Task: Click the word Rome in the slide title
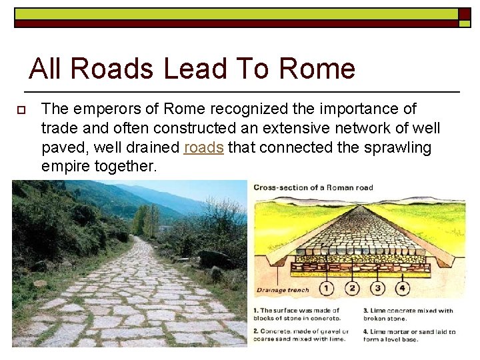[317, 69]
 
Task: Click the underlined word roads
[203, 147]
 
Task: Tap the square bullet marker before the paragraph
[21, 109]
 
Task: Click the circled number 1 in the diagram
[326, 289]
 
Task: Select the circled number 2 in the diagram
[352, 289]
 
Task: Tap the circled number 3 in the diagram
[377, 289]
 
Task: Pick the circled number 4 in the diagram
[402, 289]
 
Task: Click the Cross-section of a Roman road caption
[313, 187]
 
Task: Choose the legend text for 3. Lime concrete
[408, 314]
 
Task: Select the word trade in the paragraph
[59, 128]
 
